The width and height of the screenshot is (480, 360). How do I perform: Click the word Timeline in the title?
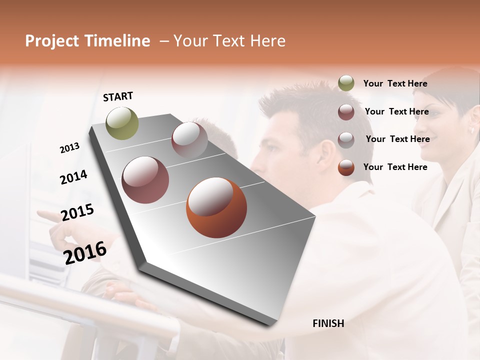pyautogui.click(x=117, y=41)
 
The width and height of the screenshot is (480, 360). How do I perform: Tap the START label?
pyautogui.click(x=118, y=96)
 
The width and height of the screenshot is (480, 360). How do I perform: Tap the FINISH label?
pyautogui.click(x=328, y=323)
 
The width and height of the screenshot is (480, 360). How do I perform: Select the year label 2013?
pyautogui.click(x=70, y=148)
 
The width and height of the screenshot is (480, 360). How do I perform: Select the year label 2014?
pyautogui.click(x=73, y=177)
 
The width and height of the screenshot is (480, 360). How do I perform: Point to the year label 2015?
pyautogui.click(x=77, y=212)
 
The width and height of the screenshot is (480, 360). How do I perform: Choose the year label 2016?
pyautogui.click(x=85, y=253)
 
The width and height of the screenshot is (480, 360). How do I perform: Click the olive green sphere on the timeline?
pyautogui.click(x=122, y=123)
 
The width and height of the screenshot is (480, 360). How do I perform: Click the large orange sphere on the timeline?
pyautogui.click(x=216, y=207)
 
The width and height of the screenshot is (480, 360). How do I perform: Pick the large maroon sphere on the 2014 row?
pyautogui.click(x=145, y=180)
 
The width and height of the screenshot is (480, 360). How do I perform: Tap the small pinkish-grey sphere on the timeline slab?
pyautogui.click(x=189, y=139)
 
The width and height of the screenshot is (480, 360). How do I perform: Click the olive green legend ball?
pyautogui.click(x=346, y=83)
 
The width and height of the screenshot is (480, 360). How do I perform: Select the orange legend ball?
pyautogui.click(x=346, y=167)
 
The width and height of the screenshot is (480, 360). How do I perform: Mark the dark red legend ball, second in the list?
pyautogui.click(x=346, y=112)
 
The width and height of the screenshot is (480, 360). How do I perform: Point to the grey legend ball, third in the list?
pyautogui.click(x=346, y=139)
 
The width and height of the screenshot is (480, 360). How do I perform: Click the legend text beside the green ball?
pyautogui.click(x=395, y=84)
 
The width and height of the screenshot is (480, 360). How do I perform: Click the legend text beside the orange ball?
pyautogui.click(x=395, y=167)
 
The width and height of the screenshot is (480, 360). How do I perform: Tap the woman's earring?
pyautogui.click(x=471, y=130)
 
